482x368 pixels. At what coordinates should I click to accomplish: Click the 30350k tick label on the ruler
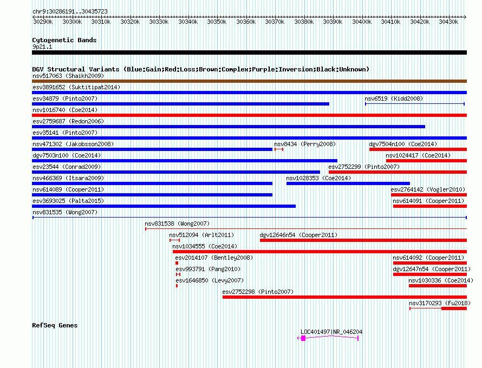[217, 22]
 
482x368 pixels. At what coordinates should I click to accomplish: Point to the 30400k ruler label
[362, 22]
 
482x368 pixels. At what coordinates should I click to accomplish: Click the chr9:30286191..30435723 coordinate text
[70, 12]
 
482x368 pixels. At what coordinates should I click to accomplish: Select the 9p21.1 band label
[42, 47]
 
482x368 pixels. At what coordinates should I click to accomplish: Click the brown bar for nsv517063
[249, 81]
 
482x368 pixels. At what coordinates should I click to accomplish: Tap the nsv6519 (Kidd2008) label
[394, 98]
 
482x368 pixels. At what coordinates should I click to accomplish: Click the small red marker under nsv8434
[279, 149]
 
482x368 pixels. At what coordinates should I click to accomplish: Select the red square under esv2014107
[177, 263]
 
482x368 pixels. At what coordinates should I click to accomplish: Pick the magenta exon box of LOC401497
[303, 338]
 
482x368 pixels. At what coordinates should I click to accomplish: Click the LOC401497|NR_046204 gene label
[331, 332]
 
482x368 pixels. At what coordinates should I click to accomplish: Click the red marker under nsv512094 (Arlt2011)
[174, 240]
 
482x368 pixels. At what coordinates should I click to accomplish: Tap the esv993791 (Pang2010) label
[208, 269]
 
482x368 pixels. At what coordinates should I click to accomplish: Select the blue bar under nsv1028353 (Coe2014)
[348, 183]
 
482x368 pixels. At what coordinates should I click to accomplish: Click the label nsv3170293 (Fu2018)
[440, 303]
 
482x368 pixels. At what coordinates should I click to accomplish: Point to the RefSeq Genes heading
[55, 325]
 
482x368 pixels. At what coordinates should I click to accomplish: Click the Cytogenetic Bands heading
[64, 40]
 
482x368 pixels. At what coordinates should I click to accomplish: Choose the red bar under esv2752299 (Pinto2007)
[398, 172]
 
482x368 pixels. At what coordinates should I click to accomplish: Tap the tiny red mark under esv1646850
[177, 286]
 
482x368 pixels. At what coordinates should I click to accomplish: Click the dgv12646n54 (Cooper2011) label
[298, 235]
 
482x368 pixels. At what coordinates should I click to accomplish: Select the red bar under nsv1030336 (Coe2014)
[438, 286]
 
